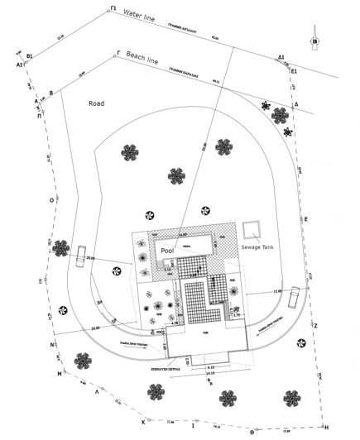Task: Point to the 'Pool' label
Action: point(167,250)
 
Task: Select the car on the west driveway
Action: point(81,256)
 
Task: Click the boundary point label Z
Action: point(315,325)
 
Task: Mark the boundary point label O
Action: point(53,200)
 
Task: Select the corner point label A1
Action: point(18,64)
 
